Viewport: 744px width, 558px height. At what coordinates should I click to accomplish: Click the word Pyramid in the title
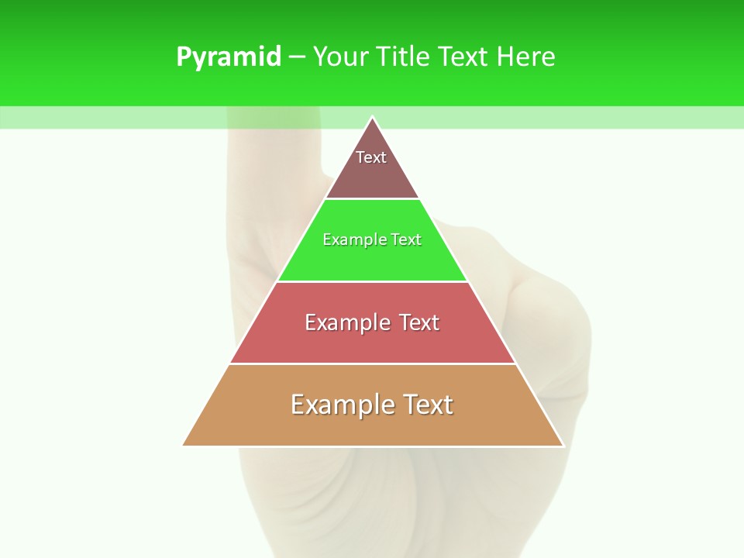(x=229, y=57)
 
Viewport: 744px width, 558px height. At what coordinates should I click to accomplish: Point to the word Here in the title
(x=526, y=57)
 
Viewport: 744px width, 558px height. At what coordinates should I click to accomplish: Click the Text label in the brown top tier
(x=371, y=157)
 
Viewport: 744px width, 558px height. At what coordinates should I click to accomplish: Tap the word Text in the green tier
(x=406, y=240)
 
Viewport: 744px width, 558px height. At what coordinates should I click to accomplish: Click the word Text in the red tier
(x=419, y=322)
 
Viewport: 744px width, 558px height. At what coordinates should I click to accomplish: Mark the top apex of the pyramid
(x=372, y=118)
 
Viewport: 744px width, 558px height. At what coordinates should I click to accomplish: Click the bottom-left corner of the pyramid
(x=184, y=446)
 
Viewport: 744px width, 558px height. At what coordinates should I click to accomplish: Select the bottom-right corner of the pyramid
(x=563, y=446)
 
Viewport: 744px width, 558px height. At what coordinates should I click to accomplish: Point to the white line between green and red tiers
(x=372, y=281)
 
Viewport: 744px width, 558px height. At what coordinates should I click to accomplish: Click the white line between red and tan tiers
(x=372, y=363)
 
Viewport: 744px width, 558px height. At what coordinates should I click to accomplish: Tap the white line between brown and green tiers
(x=372, y=198)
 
